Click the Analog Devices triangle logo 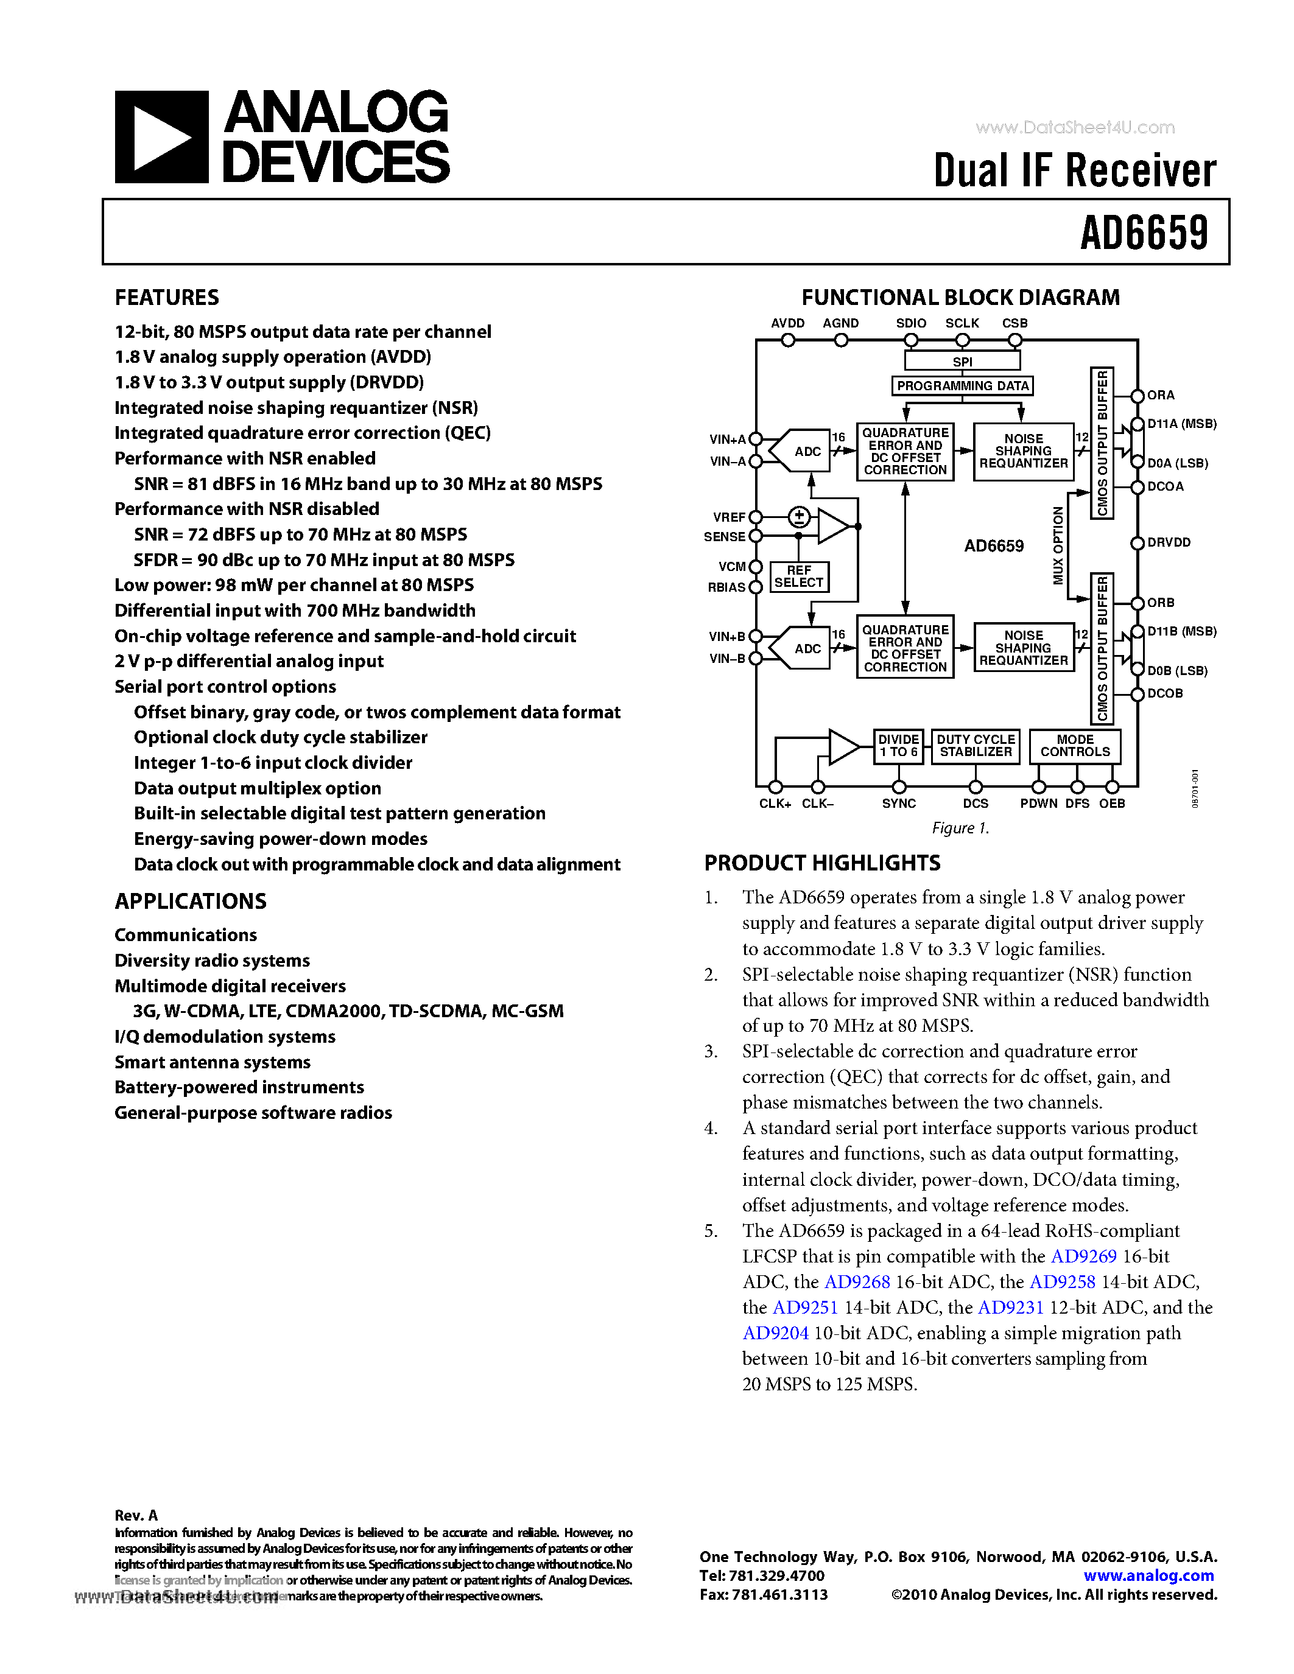click(161, 137)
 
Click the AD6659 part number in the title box click(1144, 233)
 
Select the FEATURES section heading click(167, 298)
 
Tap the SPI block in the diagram click(962, 361)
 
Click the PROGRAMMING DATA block click(962, 385)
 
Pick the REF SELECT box click(799, 576)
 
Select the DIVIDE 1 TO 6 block click(898, 746)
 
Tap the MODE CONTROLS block click(1075, 746)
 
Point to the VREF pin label click(728, 517)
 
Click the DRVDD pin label click(1169, 542)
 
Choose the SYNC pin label click(898, 804)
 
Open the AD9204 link click(775, 1333)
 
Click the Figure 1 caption click(960, 828)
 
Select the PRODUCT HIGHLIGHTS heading click(822, 863)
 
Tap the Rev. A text click(136, 1515)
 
